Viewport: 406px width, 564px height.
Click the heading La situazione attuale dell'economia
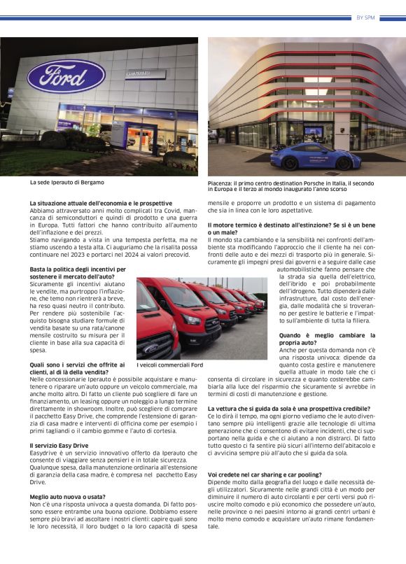coord(101,203)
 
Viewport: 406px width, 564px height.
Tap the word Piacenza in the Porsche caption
coord(221,183)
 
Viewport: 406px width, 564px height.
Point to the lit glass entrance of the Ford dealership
coord(136,133)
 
